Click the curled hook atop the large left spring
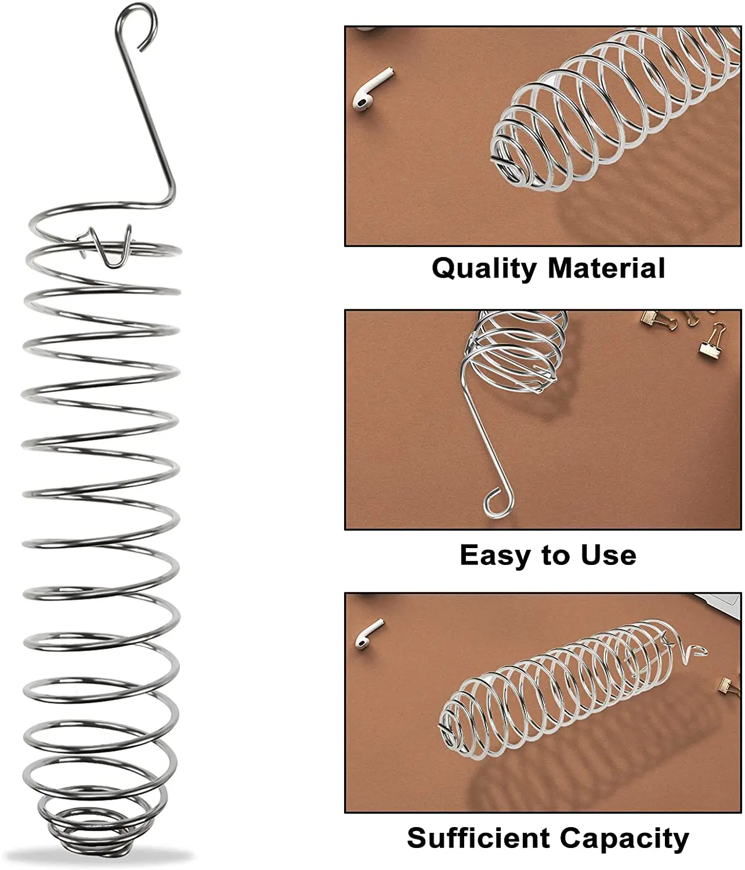(137, 23)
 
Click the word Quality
(484, 269)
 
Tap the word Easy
(496, 555)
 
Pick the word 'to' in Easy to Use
(555, 555)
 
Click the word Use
(608, 555)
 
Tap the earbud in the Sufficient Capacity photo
(369, 633)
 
